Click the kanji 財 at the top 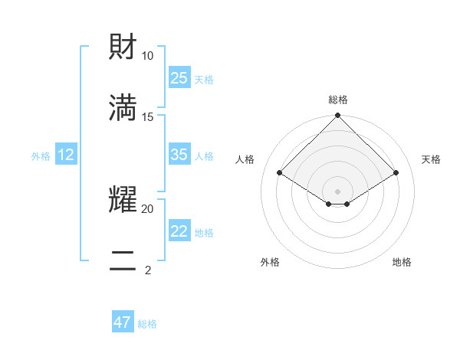(123, 47)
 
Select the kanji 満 (123, 108)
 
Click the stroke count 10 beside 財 (148, 56)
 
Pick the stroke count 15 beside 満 (148, 116)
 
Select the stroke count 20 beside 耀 (148, 208)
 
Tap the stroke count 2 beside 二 (148, 270)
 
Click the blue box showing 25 (179, 77)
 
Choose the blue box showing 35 (179, 155)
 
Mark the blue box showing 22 (179, 231)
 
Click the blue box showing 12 (66, 155)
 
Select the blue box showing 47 (123, 322)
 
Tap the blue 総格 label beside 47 (147, 324)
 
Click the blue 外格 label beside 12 (41, 156)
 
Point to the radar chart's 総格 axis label (338, 100)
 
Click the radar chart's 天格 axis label (431, 159)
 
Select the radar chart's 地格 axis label (402, 262)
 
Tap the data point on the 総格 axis (338, 116)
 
